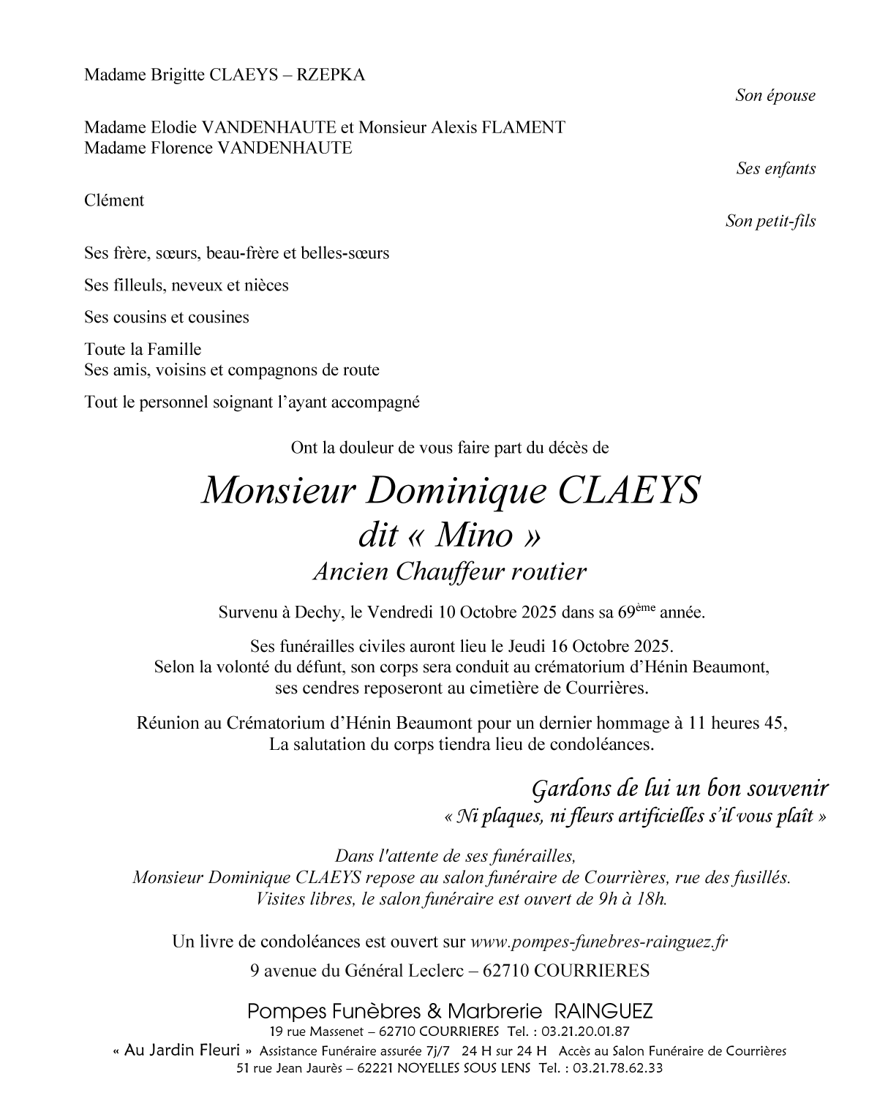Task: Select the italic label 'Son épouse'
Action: tap(775, 96)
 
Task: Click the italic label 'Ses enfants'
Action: tap(775, 169)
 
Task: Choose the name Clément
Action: tap(114, 201)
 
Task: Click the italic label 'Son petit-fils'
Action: tap(770, 222)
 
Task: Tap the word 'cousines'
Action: tap(218, 318)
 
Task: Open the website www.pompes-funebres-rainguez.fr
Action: tap(599, 942)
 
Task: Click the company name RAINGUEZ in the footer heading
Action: tap(604, 1012)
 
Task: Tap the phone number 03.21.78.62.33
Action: tap(617, 1067)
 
